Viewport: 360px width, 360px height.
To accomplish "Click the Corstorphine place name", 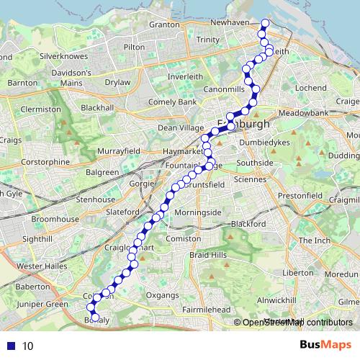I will [45, 162].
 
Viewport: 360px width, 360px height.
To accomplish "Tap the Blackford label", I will [248, 224].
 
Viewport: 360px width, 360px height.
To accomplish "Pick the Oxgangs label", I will [161, 294].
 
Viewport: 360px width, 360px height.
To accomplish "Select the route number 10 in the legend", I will [27, 346].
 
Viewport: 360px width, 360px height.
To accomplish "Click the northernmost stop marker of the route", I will [264, 24].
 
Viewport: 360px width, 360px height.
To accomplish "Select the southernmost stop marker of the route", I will [95, 317].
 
